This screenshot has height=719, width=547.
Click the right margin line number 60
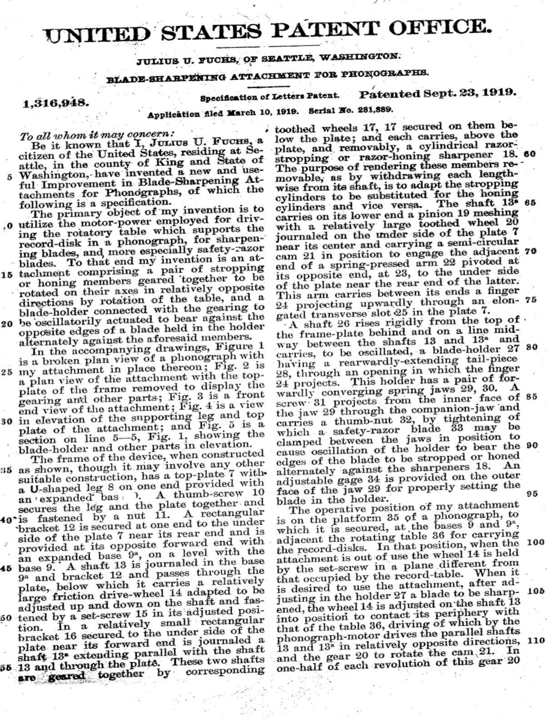pos(529,153)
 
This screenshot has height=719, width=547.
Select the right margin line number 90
pos(531,445)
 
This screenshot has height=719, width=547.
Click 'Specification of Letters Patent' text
pos(270,96)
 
